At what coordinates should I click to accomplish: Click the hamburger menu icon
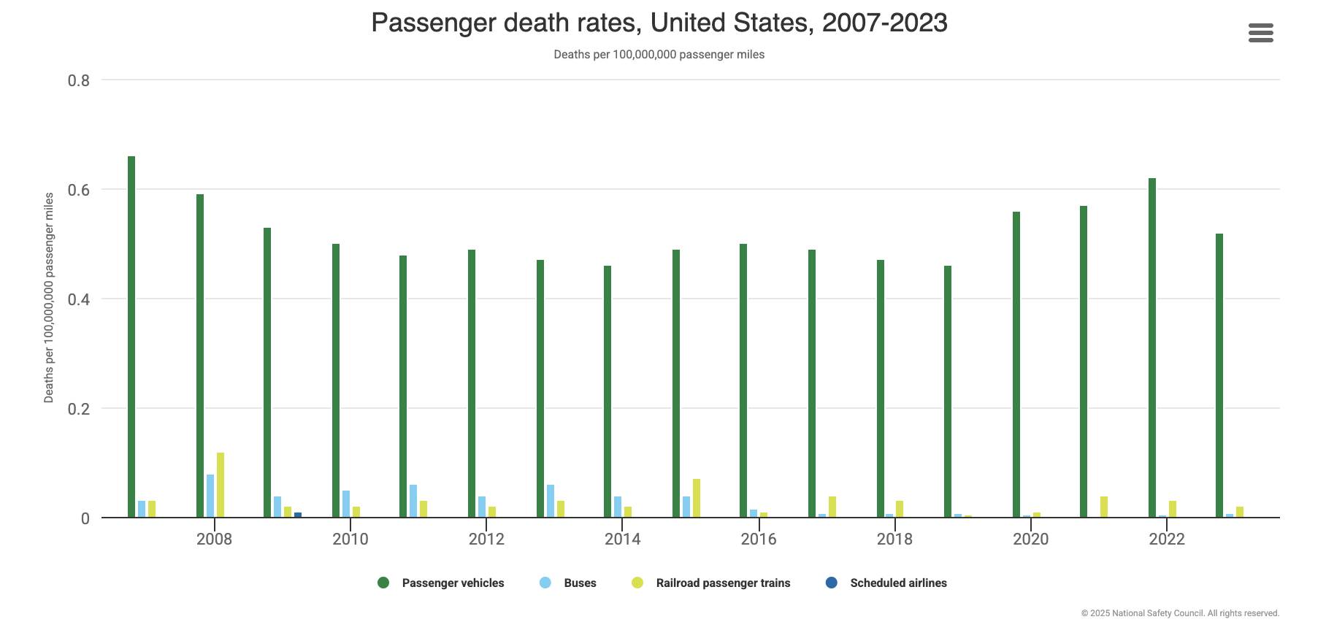click(x=1260, y=33)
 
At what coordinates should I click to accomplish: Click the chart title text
click(x=659, y=23)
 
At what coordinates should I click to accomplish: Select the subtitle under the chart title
click(x=659, y=55)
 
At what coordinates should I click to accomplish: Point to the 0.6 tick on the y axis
click(x=79, y=190)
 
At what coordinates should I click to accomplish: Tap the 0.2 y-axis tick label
click(x=79, y=409)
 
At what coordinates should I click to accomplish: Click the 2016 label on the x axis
click(x=759, y=539)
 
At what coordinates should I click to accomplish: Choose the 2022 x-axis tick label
click(x=1167, y=539)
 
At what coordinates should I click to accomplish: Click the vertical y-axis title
click(x=49, y=298)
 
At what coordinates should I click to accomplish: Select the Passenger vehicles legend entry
click(x=441, y=583)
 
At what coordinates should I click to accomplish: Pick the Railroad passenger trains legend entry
click(x=711, y=583)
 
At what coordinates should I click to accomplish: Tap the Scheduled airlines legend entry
click(x=886, y=583)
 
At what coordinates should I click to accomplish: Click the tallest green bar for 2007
click(x=131, y=336)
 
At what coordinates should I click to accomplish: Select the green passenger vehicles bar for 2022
click(x=1152, y=348)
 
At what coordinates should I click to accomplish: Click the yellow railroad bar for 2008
click(x=221, y=485)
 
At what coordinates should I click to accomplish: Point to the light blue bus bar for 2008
click(x=210, y=496)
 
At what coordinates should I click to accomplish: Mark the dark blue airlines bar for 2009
click(x=298, y=515)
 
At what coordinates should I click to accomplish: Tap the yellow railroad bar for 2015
click(x=697, y=499)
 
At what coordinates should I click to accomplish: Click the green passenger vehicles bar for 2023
click(x=1219, y=375)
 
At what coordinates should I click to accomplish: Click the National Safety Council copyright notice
click(x=1180, y=613)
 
